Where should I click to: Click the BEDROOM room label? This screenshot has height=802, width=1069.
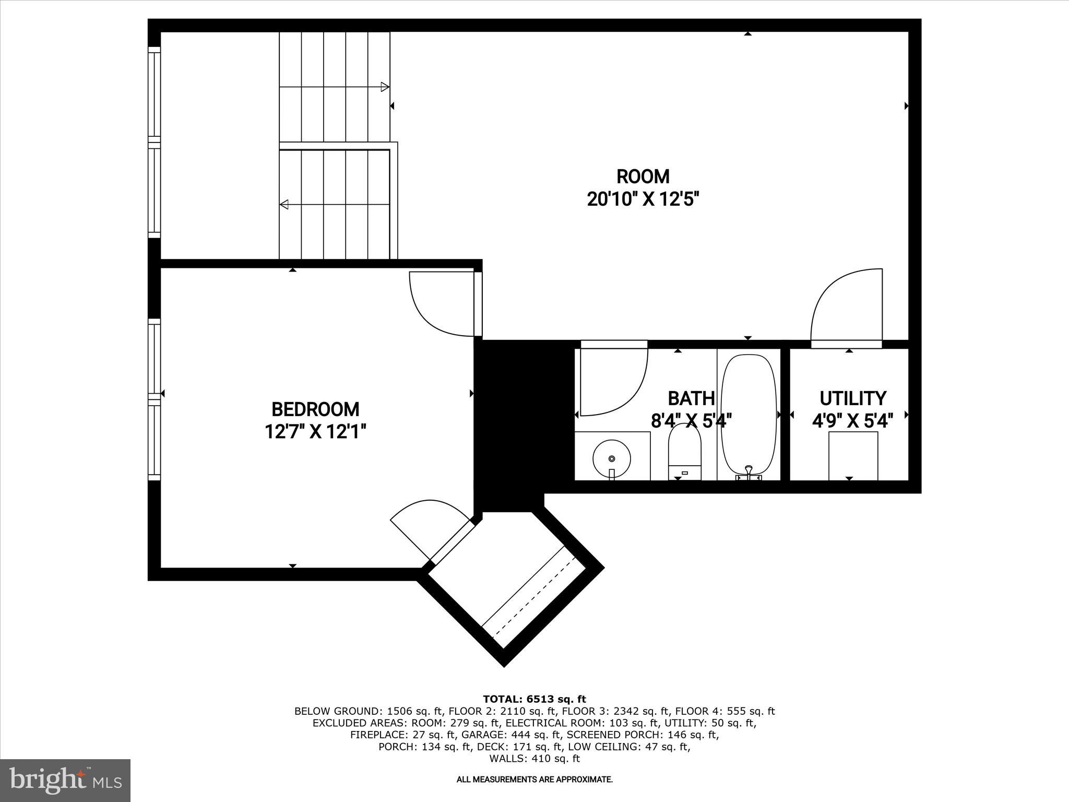click(x=315, y=409)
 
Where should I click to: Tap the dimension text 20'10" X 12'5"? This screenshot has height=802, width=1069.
click(x=643, y=199)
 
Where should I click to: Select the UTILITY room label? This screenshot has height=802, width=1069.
click(x=852, y=398)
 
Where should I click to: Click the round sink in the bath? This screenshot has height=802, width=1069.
click(x=612, y=458)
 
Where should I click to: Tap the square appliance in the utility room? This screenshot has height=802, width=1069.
click(x=853, y=455)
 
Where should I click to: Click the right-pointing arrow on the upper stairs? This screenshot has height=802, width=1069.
click(x=385, y=87)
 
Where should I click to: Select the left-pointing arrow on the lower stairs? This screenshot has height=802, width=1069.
click(x=284, y=204)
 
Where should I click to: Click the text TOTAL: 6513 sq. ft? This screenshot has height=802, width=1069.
click(x=534, y=699)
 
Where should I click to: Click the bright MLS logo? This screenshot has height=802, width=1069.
click(x=65, y=780)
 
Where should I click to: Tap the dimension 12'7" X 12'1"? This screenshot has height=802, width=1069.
click(x=315, y=432)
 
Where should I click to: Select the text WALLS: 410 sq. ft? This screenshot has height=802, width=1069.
click(x=534, y=759)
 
